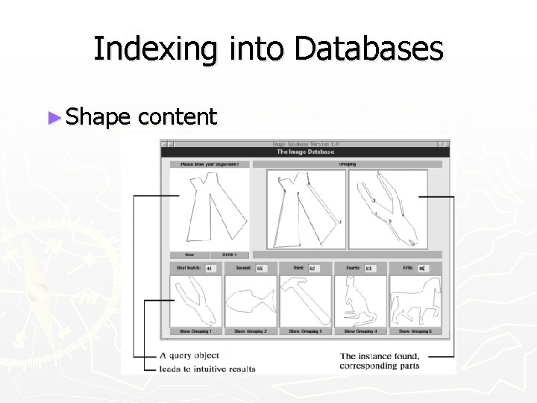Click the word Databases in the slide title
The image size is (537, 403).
(x=368, y=49)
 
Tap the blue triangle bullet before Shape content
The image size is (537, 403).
(x=53, y=116)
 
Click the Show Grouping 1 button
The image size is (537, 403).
(x=195, y=331)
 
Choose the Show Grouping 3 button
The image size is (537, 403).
(x=305, y=331)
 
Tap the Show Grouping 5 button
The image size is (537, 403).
(x=415, y=331)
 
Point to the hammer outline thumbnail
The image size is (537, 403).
(x=305, y=301)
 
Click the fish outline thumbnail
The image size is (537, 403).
(x=251, y=301)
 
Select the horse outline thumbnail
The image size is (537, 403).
(x=415, y=301)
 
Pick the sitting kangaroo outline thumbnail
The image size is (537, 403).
(x=360, y=301)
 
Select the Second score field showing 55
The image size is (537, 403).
(x=261, y=268)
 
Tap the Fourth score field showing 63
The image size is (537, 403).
(x=370, y=268)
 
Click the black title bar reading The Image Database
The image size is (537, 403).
(x=306, y=152)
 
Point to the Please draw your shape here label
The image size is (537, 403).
(x=210, y=164)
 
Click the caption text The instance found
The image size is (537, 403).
(x=380, y=356)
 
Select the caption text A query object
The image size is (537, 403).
(x=189, y=355)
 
